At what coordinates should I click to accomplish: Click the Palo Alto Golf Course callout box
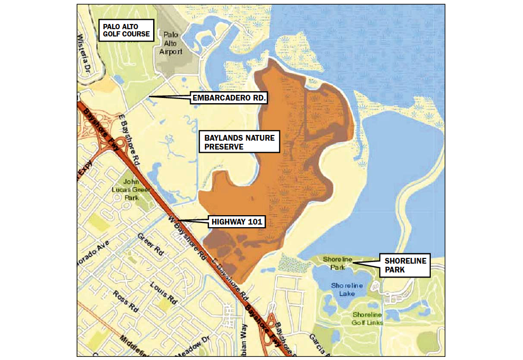[126, 30]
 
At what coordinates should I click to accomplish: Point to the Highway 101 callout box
[237, 222]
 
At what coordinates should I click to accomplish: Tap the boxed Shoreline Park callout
[405, 265]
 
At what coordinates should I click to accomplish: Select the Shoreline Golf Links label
[368, 318]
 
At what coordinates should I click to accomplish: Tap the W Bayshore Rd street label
[186, 237]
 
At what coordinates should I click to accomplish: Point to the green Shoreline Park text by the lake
[334, 263]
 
